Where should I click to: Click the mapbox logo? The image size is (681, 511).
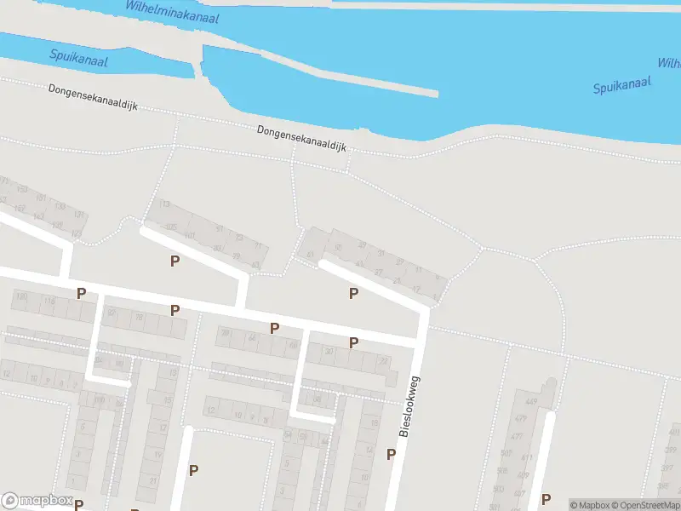pyautogui.click(x=37, y=501)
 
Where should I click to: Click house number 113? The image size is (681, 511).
pyautogui.click(x=164, y=204)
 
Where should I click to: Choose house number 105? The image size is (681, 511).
pyautogui.click(x=170, y=226)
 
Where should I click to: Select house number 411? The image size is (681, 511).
pyautogui.click(x=525, y=457)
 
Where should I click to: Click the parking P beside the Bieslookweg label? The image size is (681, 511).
pyautogui.click(x=391, y=454)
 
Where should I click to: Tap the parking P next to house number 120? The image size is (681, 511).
pyautogui.click(x=82, y=294)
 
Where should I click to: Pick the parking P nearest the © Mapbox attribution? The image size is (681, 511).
pyautogui.click(x=547, y=500)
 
